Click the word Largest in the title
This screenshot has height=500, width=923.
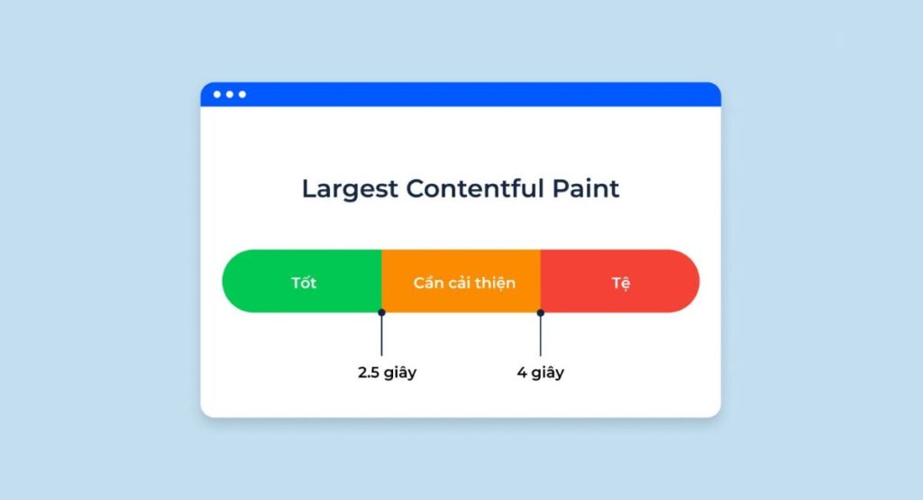point(349,189)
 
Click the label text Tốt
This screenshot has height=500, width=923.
point(304,283)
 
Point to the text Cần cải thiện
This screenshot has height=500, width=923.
point(464,283)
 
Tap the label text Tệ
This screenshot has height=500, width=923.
point(621,283)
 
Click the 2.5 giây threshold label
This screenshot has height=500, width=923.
point(387,372)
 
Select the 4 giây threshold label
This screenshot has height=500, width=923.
point(541,372)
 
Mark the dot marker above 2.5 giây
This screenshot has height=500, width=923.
point(381,313)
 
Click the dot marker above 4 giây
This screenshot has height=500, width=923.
point(541,313)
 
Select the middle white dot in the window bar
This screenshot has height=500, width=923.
point(230,95)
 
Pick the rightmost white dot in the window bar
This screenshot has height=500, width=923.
point(242,95)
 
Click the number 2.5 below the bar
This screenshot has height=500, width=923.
point(370,372)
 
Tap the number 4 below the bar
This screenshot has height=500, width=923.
point(522,372)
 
